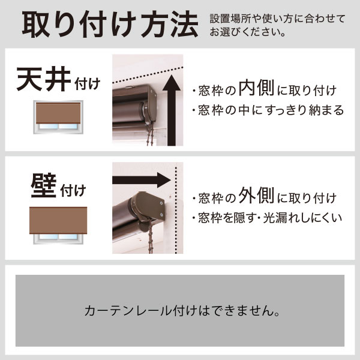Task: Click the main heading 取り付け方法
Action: pyautogui.click(x=110, y=24)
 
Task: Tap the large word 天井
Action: pyautogui.click(x=44, y=79)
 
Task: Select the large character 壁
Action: pyautogui.click(x=44, y=185)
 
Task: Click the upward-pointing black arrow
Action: pyautogui.click(x=171, y=110)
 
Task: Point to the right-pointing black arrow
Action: pyautogui.click(x=142, y=180)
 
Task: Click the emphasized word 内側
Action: pyautogui.click(x=256, y=88)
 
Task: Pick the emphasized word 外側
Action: pyautogui.click(x=256, y=196)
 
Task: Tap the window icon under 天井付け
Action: pyautogui.click(x=58, y=117)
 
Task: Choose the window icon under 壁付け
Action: pyautogui.click(x=58, y=226)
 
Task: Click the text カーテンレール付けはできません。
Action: pyautogui.click(x=182, y=311)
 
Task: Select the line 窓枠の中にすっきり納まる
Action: pyautogui.click(x=268, y=110)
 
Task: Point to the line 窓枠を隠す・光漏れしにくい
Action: pyautogui.click(x=268, y=218)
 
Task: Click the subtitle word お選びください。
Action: pyautogui.click(x=247, y=32)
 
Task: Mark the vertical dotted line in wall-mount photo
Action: pyautogui.click(x=176, y=210)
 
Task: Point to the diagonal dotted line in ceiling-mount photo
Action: pyautogui.click(x=148, y=74)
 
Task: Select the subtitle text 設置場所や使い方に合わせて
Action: pyautogui.click(x=277, y=19)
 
